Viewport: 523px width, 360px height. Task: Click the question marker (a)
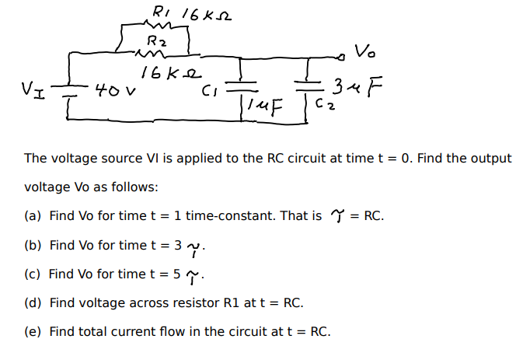(x=33, y=216)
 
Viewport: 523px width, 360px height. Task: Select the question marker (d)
(x=33, y=302)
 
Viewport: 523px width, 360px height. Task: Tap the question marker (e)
(x=33, y=331)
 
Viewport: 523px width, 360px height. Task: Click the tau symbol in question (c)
(x=197, y=275)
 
